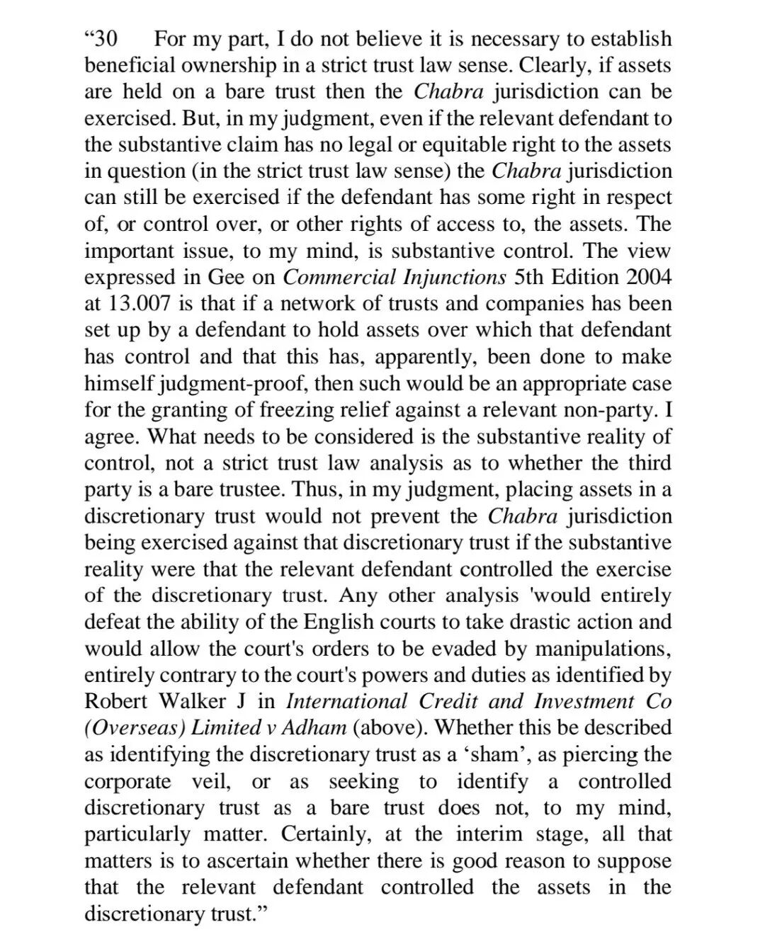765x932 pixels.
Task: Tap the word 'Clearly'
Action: (545, 65)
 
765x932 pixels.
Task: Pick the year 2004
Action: (646, 277)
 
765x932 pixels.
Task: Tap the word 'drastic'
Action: (519, 622)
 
